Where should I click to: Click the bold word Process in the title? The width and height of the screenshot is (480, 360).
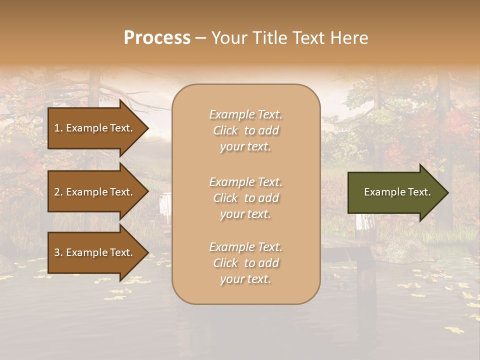tap(157, 38)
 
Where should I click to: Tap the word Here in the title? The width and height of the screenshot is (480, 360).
tap(349, 38)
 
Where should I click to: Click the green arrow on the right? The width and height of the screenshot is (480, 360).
tap(395, 192)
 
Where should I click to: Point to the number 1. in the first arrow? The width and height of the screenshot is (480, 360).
tap(58, 128)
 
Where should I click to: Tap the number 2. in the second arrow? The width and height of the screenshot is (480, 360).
tap(58, 192)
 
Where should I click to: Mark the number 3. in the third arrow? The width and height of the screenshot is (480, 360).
tap(58, 252)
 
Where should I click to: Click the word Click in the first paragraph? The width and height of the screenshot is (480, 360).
tap(225, 130)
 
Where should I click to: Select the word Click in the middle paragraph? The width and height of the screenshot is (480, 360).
tap(225, 198)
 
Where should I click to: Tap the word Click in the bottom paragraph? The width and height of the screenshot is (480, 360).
tap(225, 263)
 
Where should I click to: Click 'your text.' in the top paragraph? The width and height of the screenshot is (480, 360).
tap(245, 147)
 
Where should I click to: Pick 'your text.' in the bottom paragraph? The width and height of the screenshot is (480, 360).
tap(245, 279)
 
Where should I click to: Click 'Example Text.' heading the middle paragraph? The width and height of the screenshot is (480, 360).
tap(245, 182)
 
